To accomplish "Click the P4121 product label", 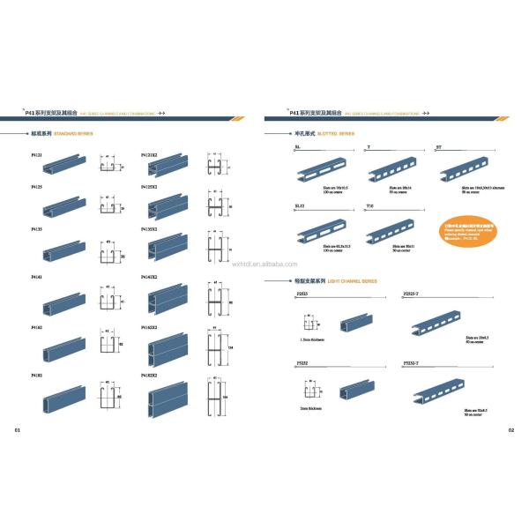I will (36, 155).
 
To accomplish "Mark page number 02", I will (510, 431).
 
